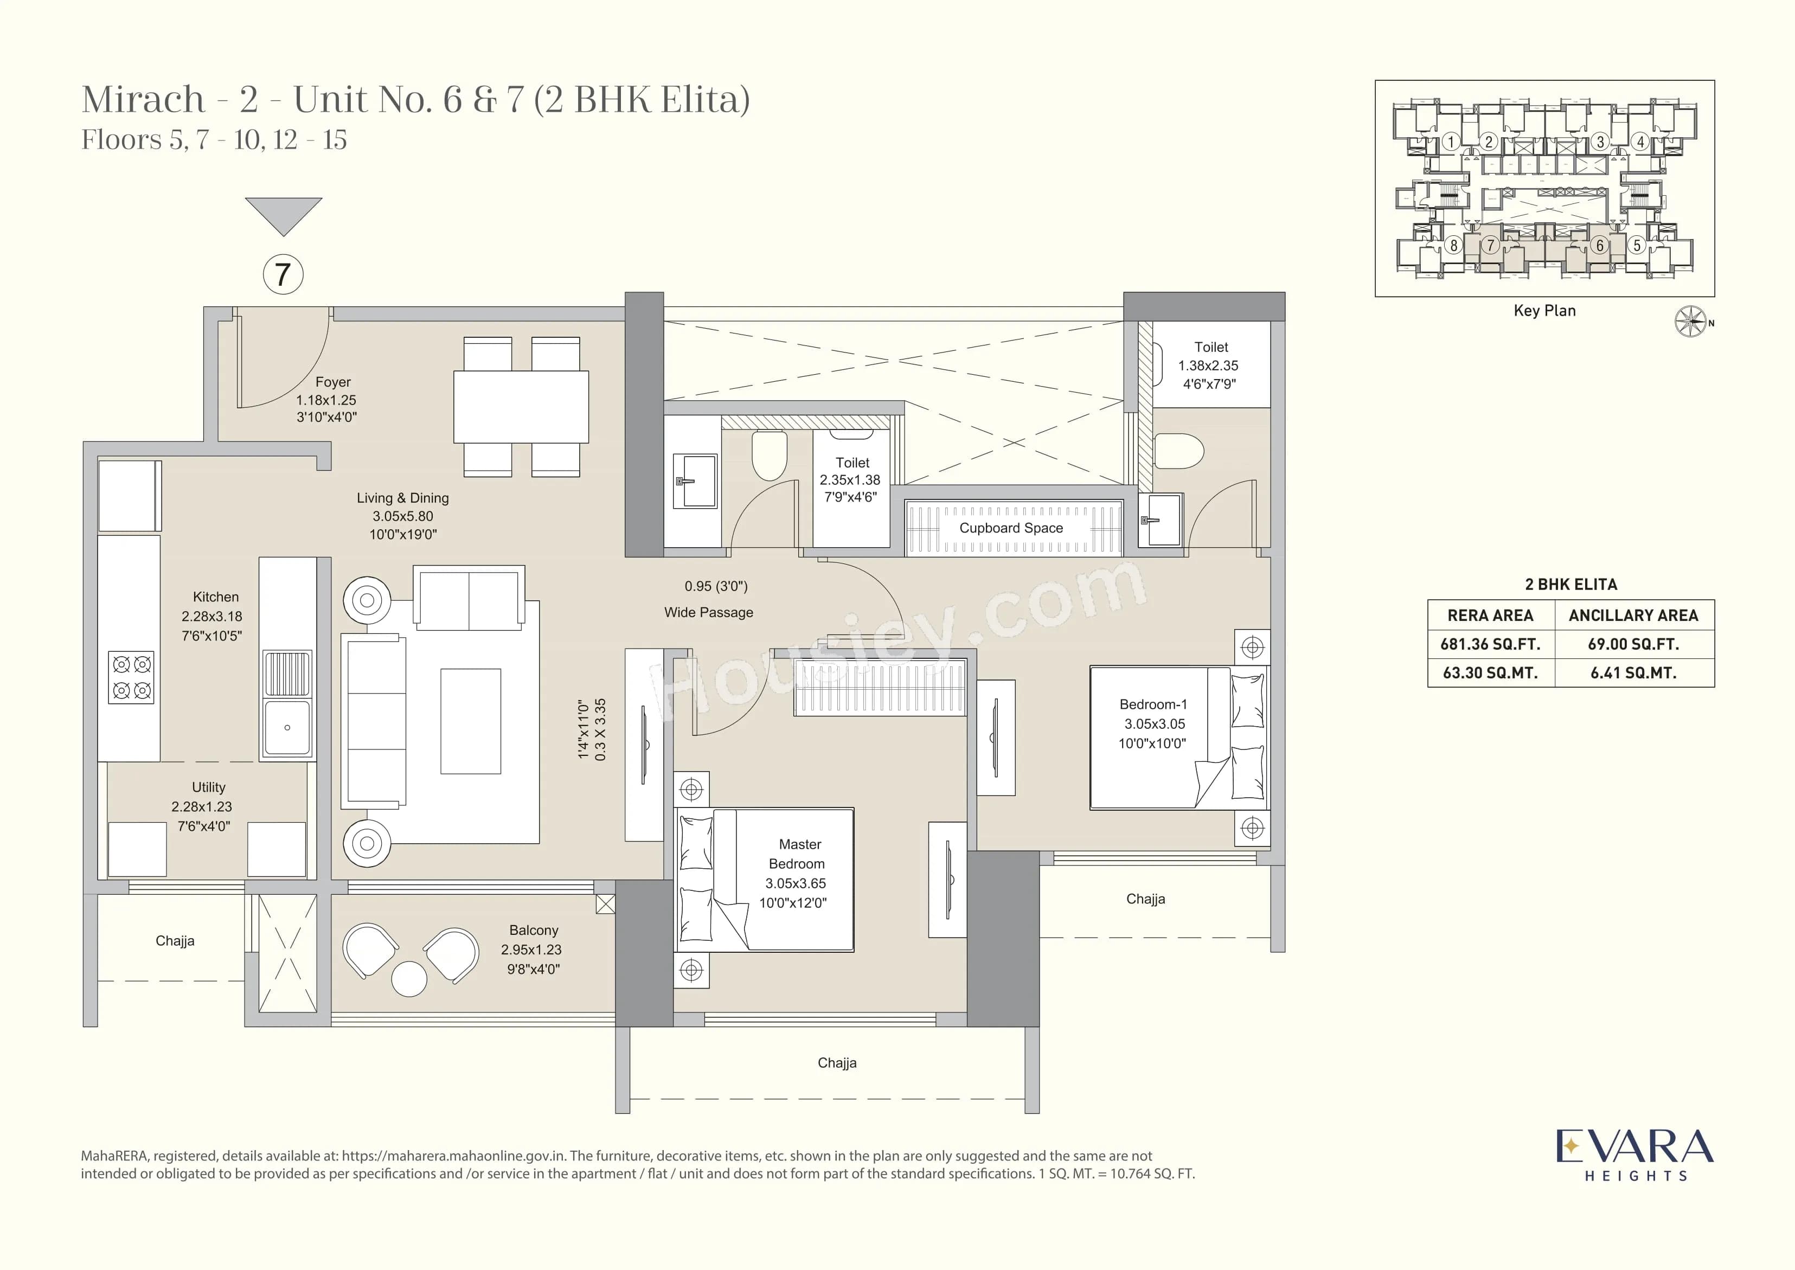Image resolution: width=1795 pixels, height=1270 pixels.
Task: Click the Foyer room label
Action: tap(332, 382)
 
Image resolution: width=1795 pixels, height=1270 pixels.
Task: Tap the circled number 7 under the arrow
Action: tap(283, 274)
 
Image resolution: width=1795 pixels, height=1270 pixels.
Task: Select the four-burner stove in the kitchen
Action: tap(131, 677)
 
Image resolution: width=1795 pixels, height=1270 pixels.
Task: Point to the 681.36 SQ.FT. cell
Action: tap(1490, 644)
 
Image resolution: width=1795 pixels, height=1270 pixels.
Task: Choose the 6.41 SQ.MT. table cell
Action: tap(1633, 672)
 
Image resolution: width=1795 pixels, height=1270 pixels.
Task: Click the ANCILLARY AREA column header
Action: tap(1633, 615)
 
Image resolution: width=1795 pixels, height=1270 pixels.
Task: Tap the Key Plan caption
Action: tap(1544, 311)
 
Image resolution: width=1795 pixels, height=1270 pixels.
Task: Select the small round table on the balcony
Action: tap(409, 978)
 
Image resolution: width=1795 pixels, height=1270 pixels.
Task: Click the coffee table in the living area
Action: tap(470, 721)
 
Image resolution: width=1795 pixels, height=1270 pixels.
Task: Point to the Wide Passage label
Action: tap(709, 612)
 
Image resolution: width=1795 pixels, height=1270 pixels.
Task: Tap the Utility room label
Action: tap(208, 787)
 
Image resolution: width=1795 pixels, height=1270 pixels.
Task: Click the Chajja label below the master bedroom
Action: tap(837, 1063)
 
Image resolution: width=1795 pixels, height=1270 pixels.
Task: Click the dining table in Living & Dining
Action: tap(521, 407)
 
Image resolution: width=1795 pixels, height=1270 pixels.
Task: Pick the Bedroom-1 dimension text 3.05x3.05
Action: tap(1155, 724)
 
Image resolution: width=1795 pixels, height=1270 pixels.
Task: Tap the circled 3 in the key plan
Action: tap(1600, 142)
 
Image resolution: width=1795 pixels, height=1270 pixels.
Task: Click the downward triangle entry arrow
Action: tap(283, 213)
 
